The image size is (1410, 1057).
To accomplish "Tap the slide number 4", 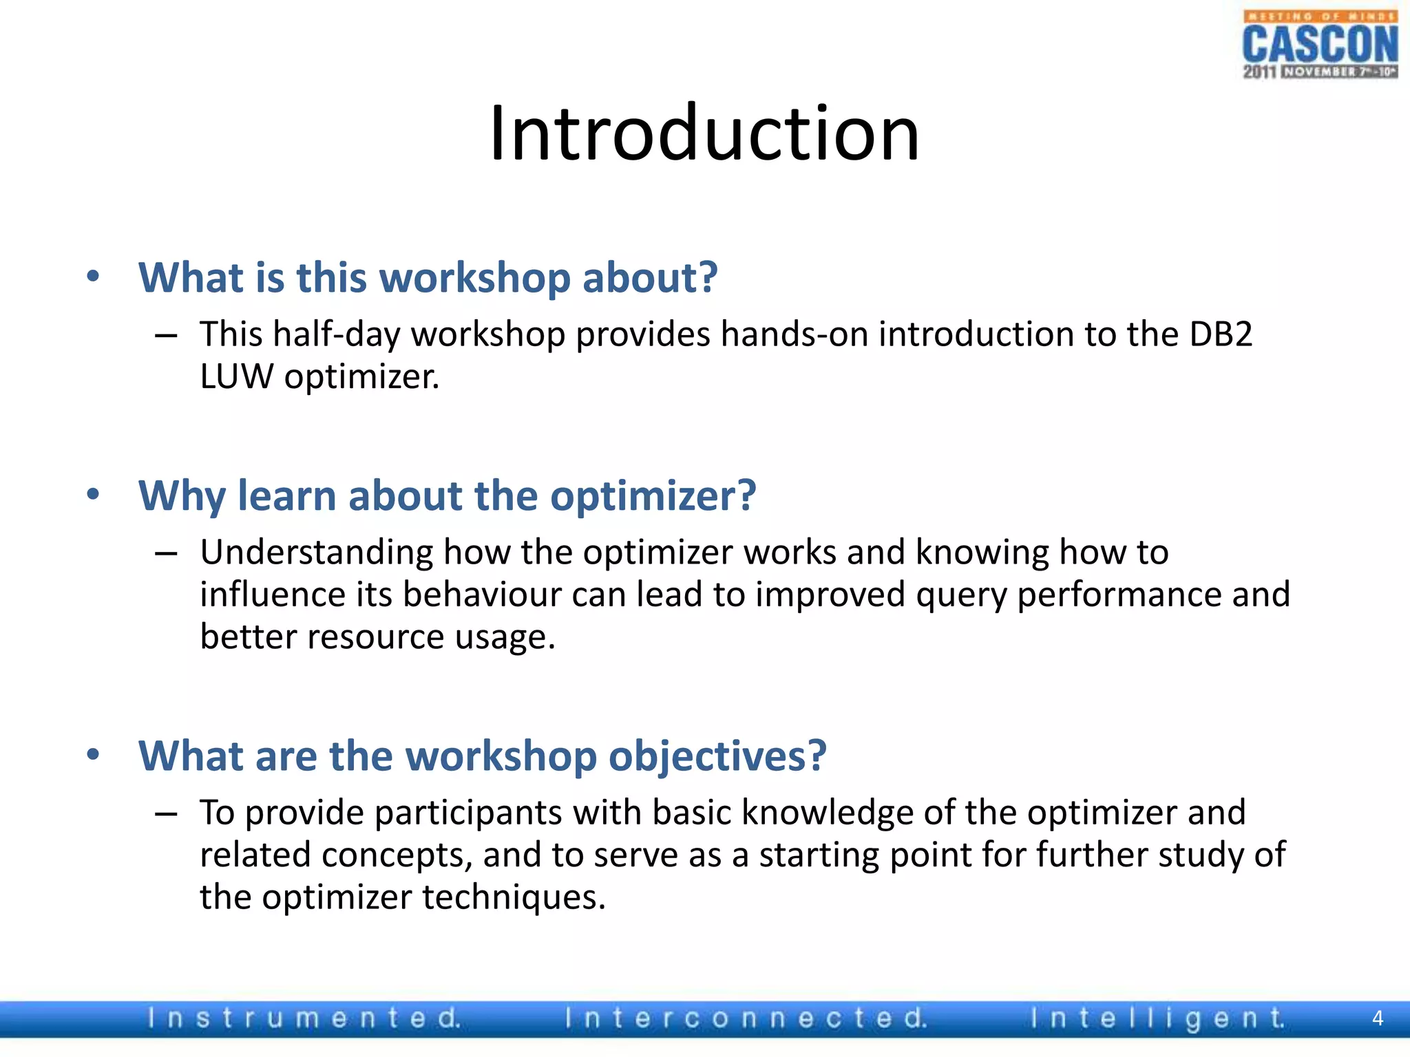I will pos(1377,1018).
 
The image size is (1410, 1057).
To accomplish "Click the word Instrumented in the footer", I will pos(304,1018).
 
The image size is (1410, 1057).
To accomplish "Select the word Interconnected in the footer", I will pos(746,1018).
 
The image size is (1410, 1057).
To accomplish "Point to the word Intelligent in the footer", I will pos(1157,1018).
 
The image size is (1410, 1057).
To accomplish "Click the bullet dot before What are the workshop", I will pos(93,755).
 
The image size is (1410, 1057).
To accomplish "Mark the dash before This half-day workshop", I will pos(166,336).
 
